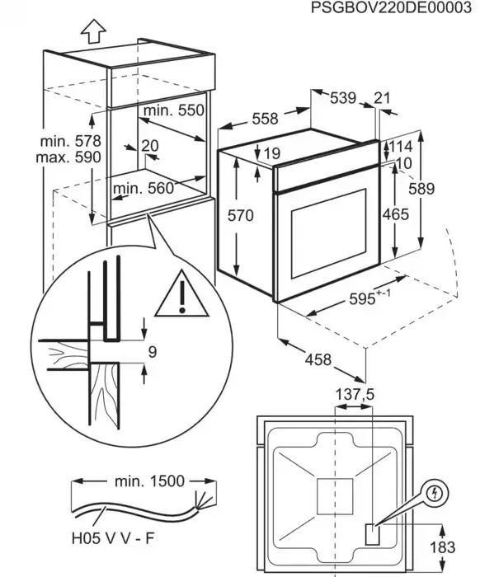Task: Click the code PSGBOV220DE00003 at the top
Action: (x=391, y=7)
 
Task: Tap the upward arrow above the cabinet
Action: (x=93, y=31)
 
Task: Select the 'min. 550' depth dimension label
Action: (x=174, y=110)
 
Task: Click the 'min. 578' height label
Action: (x=70, y=141)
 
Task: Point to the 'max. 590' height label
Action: (x=68, y=157)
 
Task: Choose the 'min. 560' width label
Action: (x=144, y=189)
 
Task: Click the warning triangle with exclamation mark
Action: (x=181, y=294)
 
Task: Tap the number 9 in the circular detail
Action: (x=153, y=352)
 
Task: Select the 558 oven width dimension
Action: (x=265, y=119)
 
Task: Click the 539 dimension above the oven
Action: (x=343, y=98)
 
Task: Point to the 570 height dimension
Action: (x=241, y=215)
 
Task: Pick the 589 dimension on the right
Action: (x=421, y=189)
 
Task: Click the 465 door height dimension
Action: (x=396, y=214)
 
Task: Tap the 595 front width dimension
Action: (x=369, y=298)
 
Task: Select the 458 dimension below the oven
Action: (x=318, y=359)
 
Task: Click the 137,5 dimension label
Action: (x=355, y=395)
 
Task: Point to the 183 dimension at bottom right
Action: (x=442, y=547)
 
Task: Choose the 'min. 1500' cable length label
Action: (x=149, y=481)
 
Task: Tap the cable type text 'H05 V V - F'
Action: (x=113, y=539)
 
